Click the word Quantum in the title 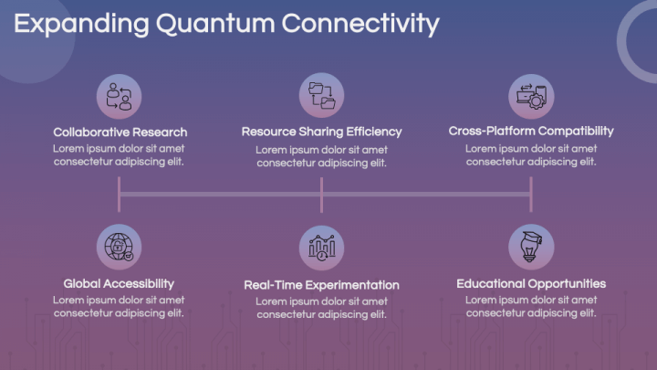point(215,24)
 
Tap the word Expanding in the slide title point(81,25)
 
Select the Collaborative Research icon point(119,97)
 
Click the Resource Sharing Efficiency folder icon point(321,95)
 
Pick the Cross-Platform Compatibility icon point(531,97)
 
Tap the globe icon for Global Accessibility point(119,247)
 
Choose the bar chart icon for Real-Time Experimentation point(321,248)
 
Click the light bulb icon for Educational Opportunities point(531,247)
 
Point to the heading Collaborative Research point(120,132)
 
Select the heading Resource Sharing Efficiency point(321,132)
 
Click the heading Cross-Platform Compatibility point(531,131)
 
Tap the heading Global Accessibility point(119,283)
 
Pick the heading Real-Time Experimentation point(321,285)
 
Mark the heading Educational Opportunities point(531,283)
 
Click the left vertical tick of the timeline point(119,195)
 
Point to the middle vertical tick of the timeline point(321,195)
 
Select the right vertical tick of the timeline point(531,195)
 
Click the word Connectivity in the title point(360,24)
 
